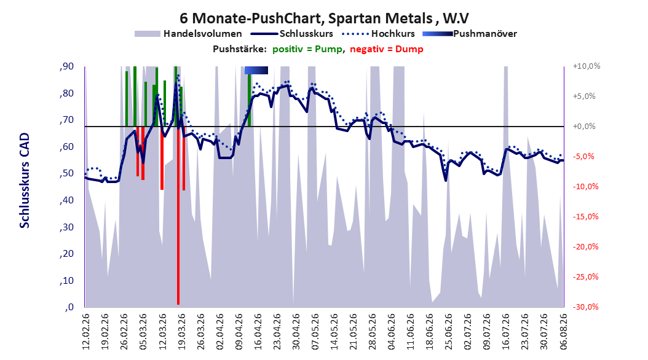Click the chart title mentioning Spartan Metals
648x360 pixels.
point(324,18)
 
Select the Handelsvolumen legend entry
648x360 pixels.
point(188,34)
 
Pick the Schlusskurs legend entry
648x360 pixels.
point(292,34)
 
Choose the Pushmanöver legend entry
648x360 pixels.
point(470,34)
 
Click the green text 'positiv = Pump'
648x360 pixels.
point(307,49)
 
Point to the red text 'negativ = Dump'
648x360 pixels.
point(387,49)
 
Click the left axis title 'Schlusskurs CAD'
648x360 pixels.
point(25,181)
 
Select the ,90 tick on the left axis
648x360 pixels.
point(66,66)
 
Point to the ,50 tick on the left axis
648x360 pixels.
point(66,173)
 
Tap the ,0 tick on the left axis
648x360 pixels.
point(69,307)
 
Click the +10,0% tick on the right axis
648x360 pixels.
point(587,66)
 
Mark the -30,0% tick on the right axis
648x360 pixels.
point(587,307)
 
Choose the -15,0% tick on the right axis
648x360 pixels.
point(587,217)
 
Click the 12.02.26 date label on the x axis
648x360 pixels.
point(86,332)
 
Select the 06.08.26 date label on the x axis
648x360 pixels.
point(563,332)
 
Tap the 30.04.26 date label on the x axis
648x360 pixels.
point(296,332)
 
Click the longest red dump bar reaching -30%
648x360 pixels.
point(178,216)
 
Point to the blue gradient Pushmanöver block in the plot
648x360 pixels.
point(256,70)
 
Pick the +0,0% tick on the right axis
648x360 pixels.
point(584,127)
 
